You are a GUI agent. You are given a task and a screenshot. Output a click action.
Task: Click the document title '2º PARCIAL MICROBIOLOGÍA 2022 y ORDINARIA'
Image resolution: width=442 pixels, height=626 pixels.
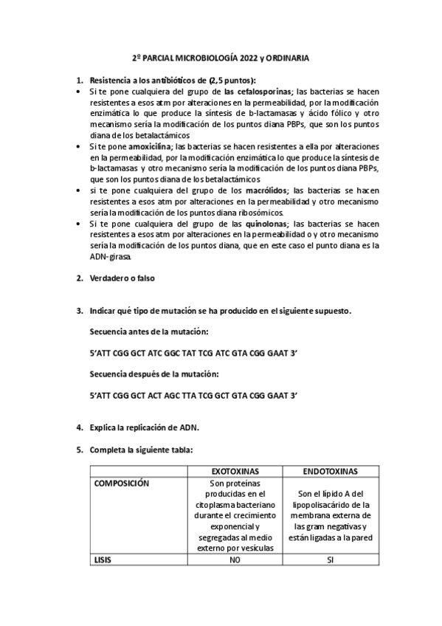pyautogui.click(x=220, y=57)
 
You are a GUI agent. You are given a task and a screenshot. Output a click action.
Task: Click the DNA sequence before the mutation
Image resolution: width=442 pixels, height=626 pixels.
pyautogui.click(x=193, y=354)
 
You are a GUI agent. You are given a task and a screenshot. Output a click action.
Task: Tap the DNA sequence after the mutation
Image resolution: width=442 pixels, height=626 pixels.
pyautogui.click(x=193, y=396)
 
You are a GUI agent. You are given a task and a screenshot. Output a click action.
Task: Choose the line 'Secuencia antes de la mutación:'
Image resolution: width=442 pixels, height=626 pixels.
pyautogui.click(x=149, y=332)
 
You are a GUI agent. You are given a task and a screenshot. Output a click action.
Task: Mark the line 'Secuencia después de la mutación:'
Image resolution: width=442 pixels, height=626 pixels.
pyautogui.click(x=154, y=374)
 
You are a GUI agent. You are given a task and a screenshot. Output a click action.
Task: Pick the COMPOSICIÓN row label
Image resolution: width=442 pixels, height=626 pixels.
pyautogui.click(x=122, y=483)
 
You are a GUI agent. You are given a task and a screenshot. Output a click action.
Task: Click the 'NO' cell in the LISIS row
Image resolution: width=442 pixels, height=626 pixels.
pyautogui.click(x=234, y=560)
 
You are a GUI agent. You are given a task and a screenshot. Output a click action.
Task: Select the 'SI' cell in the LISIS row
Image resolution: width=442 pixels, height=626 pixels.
pyautogui.click(x=330, y=560)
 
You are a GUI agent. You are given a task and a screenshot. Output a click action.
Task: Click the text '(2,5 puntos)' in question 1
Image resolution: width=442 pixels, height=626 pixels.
pyautogui.click(x=232, y=80)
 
